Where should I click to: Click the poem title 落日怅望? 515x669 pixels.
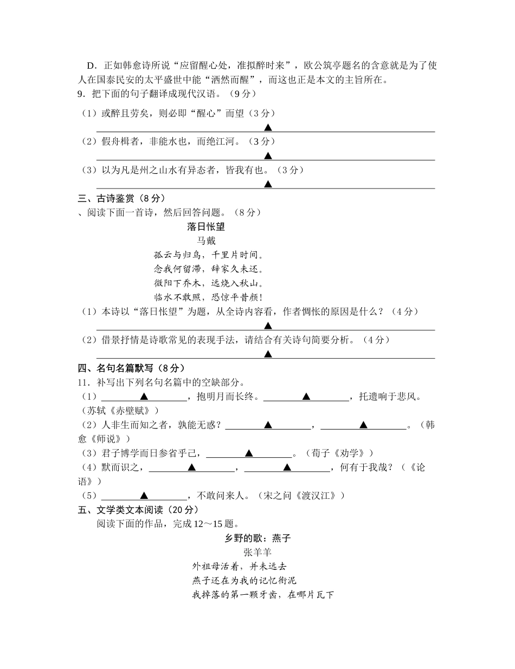[205, 227]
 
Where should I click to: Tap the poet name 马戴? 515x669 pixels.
[205, 241]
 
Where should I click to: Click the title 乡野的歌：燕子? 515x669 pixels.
[258, 538]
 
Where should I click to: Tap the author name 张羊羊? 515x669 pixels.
[257, 553]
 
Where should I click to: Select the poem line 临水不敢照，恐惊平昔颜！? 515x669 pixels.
[208, 297]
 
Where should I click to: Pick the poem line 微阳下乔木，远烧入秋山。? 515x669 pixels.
[208, 283]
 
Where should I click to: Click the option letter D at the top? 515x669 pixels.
[91, 66]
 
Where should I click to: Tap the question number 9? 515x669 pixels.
[81, 94]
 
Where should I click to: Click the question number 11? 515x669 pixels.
[83, 382]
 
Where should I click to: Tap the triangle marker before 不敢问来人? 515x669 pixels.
[144, 496]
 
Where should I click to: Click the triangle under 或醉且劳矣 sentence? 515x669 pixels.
[268, 128]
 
